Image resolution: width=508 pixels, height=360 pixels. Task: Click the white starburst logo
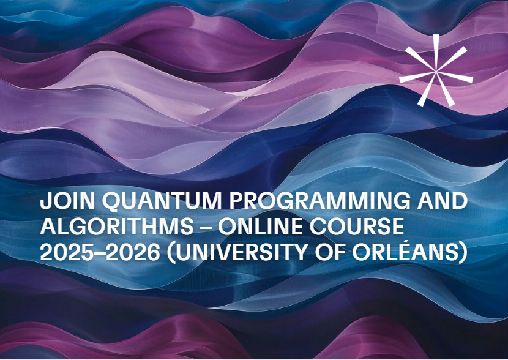pyautogui.click(x=435, y=69)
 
